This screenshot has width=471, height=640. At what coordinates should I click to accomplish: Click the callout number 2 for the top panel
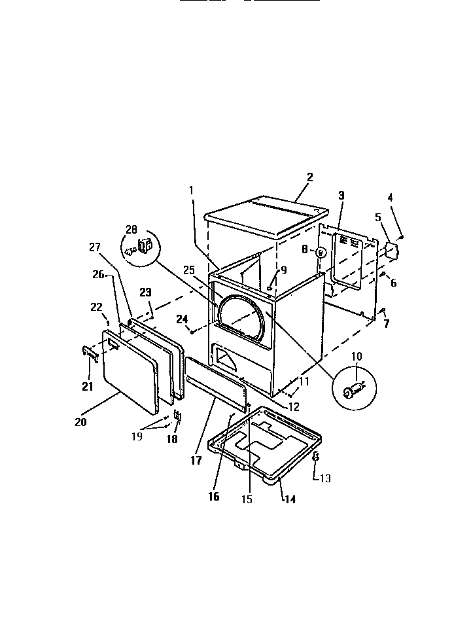coord(310,177)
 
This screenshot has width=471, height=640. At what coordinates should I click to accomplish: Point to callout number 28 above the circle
coord(132,230)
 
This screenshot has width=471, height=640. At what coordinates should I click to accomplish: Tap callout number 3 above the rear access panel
coord(341,195)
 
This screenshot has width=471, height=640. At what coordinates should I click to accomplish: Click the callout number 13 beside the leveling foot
coord(324,478)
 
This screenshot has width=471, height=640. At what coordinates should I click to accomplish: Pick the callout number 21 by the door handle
coord(87,386)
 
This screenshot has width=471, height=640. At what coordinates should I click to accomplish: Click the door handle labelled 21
coord(91,353)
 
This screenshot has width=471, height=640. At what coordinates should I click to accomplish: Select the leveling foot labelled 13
coord(315,457)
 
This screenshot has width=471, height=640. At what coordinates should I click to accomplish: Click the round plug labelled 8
coord(321,252)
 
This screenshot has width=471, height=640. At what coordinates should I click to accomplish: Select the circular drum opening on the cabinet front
coord(242,321)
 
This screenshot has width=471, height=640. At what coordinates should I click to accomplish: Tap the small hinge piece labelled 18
coord(177,417)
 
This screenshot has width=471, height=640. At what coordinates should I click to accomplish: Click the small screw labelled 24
coord(192,332)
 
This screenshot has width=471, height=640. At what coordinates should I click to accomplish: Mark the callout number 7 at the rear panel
coord(386,324)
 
